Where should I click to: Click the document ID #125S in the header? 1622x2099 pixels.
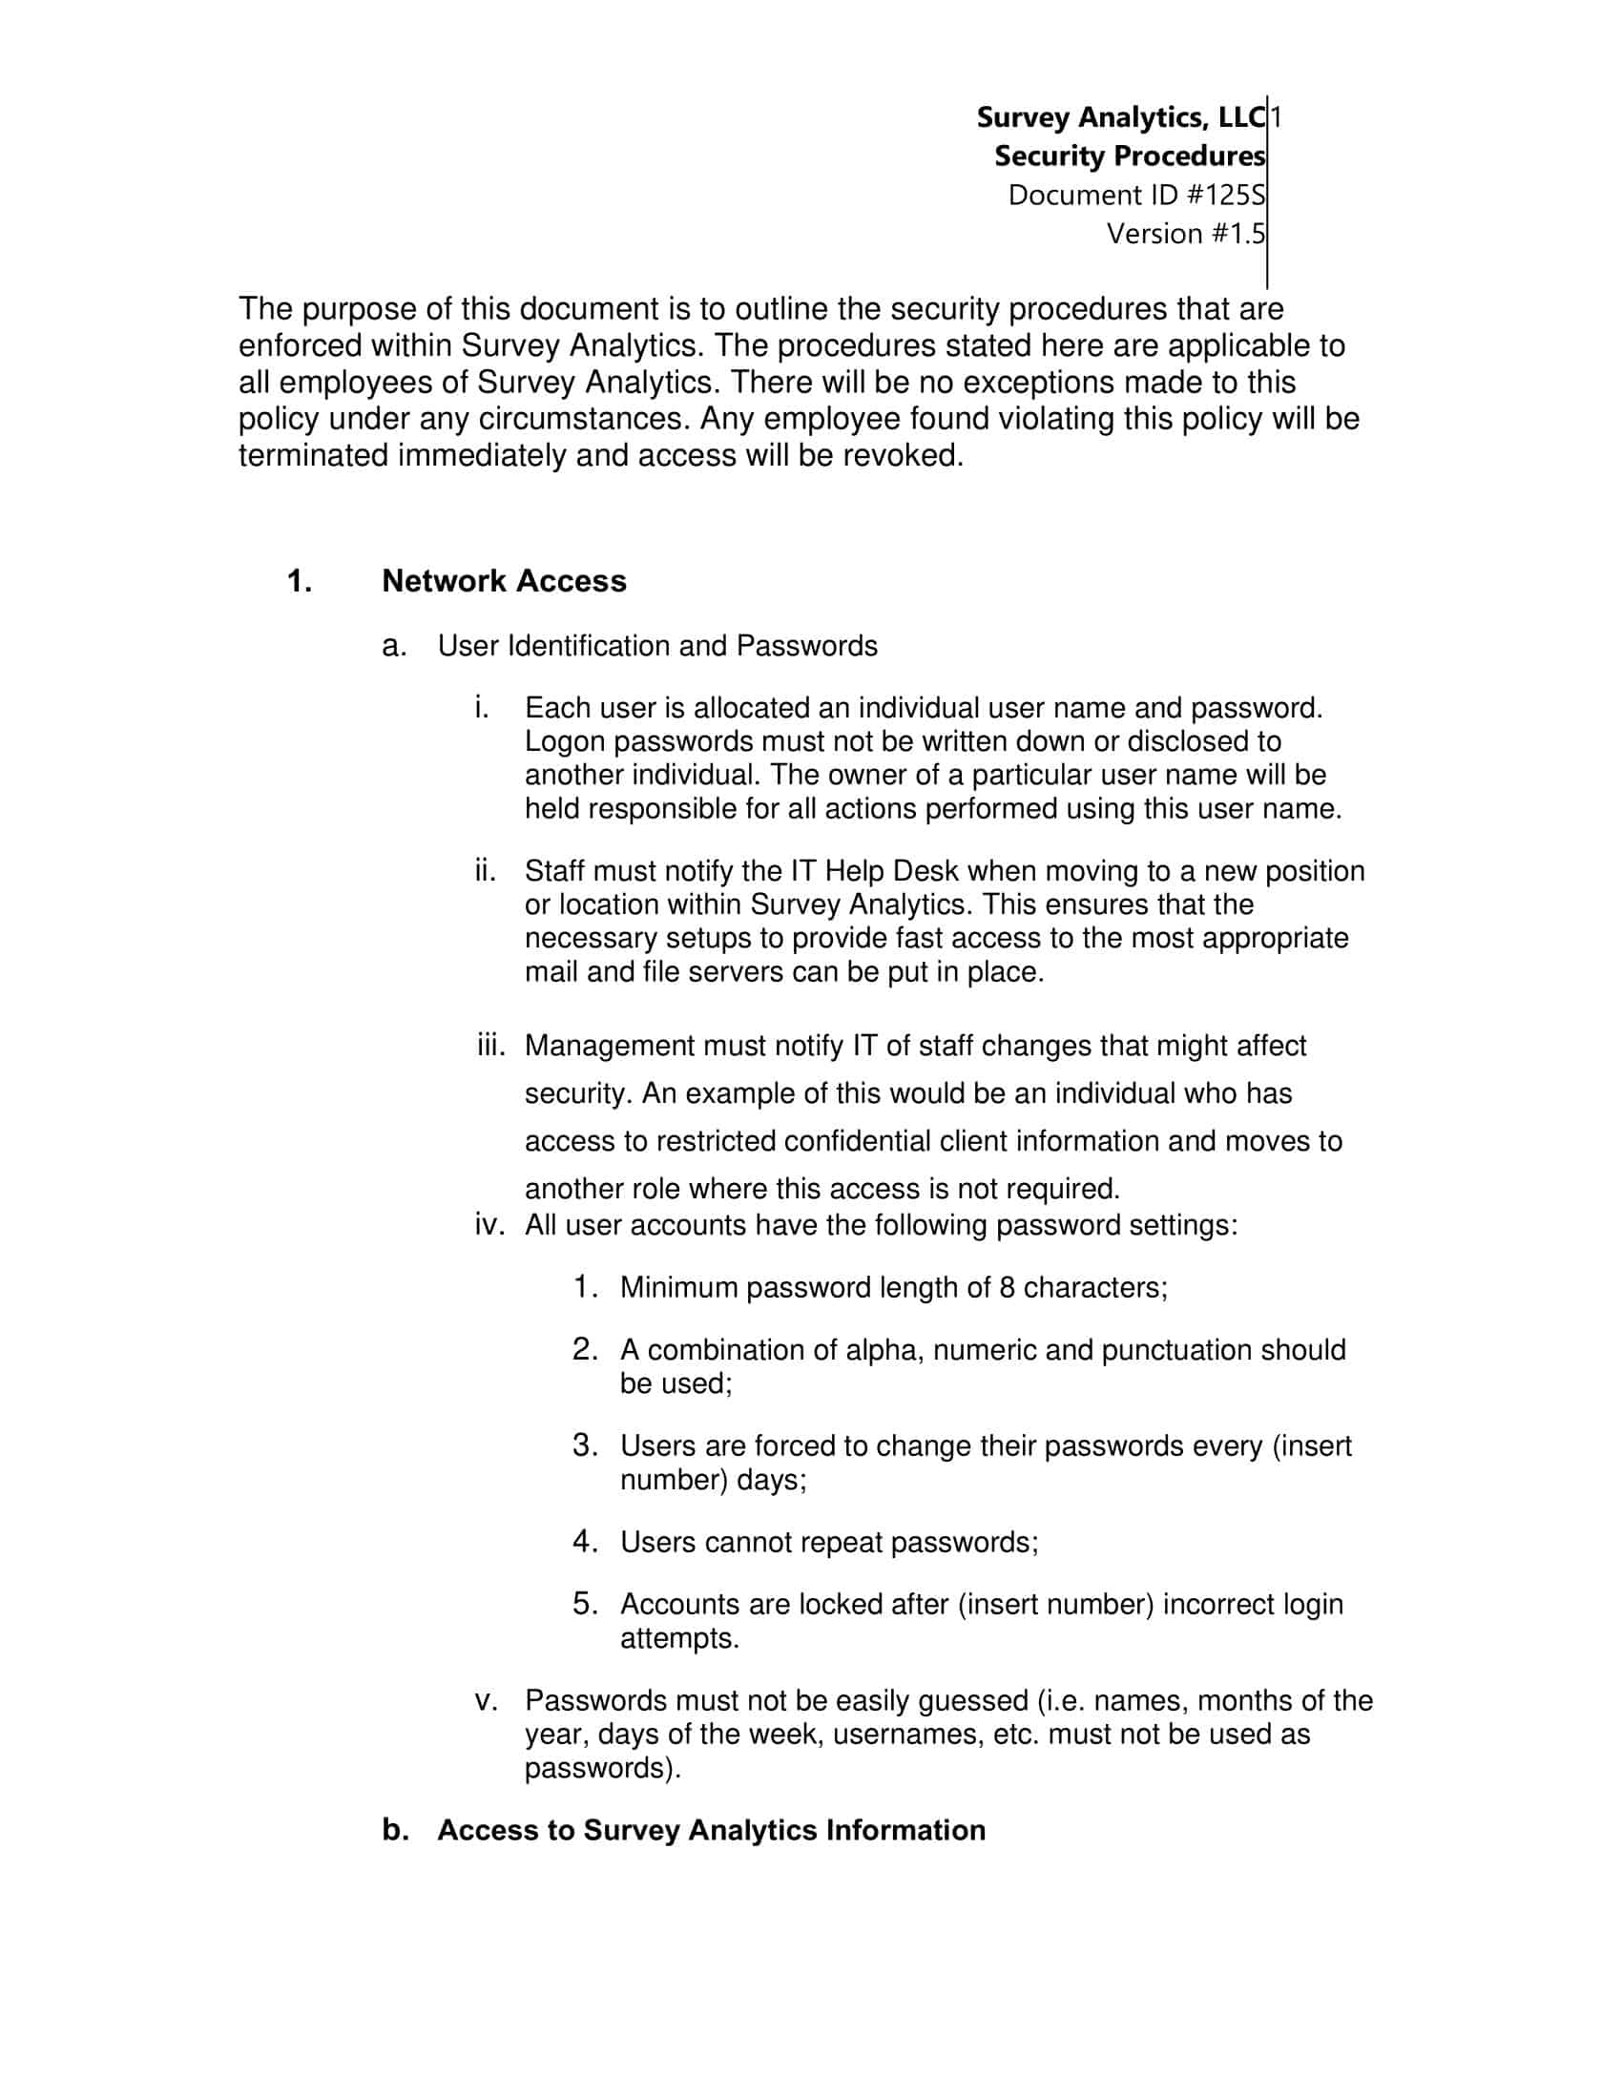point(1135,195)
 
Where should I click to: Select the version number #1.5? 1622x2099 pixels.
point(1186,234)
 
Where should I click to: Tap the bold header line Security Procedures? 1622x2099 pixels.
point(1129,156)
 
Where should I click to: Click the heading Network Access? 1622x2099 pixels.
point(504,581)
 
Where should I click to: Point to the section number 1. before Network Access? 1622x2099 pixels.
point(300,581)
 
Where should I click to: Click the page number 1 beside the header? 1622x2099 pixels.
point(1276,117)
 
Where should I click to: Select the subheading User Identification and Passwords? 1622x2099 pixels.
point(657,646)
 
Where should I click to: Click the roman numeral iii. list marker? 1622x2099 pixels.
point(490,1046)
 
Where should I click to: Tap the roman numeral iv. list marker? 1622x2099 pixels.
point(489,1225)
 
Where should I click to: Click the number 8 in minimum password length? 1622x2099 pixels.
point(1006,1288)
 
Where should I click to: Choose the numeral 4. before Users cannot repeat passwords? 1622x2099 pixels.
point(585,1543)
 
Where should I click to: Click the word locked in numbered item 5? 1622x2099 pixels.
point(834,1604)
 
